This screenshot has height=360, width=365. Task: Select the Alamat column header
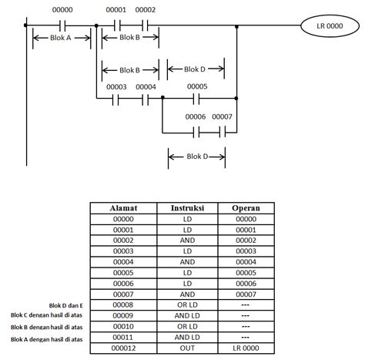pyautogui.click(x=124, y=208)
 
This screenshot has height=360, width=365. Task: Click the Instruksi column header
pyautogui.click(x=187, y=208)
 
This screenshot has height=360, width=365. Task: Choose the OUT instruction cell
pyautogui.click(x=187, y=348)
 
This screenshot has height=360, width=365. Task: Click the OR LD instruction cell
pyautogui.click(x=187, y=305)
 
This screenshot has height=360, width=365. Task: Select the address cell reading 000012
pyautogui.click(x=124, y=348)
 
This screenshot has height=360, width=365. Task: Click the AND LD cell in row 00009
pyautogui.click(x=187, y=316)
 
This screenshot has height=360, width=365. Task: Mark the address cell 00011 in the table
pyautogui.click(x=124, y=338)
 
